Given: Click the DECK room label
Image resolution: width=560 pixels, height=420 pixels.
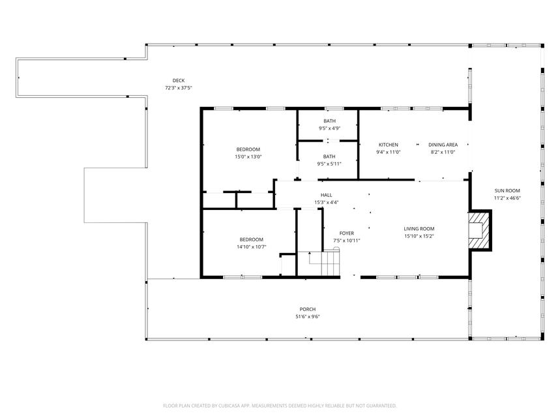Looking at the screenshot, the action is pos(179,80).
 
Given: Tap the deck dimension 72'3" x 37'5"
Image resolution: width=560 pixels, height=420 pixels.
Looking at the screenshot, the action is pos(179,87).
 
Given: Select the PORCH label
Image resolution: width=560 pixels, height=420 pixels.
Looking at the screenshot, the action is pos(308,309).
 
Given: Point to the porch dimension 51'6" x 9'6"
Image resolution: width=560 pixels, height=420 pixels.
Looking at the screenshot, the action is pos(308,316).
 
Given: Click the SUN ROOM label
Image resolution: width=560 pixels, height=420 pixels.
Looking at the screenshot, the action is pos(507,190).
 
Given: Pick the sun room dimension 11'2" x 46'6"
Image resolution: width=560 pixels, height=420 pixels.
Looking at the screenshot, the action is pos(507,198).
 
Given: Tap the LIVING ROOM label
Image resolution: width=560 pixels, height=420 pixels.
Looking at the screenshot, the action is pos(419,228).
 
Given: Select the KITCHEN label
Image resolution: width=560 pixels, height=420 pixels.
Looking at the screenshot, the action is pos(388,145).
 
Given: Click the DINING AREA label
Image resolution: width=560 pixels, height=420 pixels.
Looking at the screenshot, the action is pos(443,145).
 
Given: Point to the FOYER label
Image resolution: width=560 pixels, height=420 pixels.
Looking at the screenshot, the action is pos(346,233).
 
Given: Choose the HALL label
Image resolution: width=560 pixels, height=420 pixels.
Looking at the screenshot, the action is pos(326,195).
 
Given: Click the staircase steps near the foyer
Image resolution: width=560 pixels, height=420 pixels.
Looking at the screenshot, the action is pos(331,263).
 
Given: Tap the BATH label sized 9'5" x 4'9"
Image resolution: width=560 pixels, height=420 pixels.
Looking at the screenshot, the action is pos(329,121).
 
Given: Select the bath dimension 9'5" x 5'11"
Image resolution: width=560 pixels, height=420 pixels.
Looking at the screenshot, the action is pos(329,164).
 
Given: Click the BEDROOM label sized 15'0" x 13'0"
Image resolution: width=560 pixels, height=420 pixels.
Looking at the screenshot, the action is pos(248,149).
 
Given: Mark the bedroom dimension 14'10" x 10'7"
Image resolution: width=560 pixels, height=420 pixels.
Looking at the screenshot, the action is pos(252,247).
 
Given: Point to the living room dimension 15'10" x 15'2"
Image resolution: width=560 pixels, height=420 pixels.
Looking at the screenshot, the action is pos(419,236).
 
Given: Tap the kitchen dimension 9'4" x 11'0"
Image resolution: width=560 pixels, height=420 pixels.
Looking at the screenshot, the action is pos(388,152).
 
